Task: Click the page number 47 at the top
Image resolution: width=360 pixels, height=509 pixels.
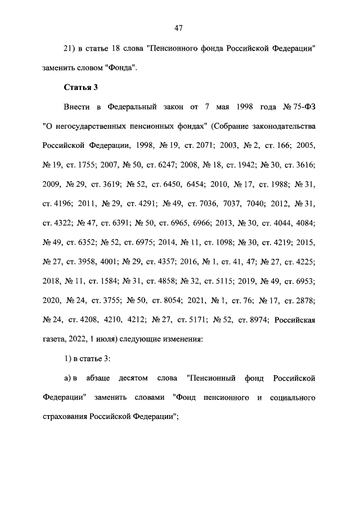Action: [180, 27]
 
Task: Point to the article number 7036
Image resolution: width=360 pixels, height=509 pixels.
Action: [210, 202]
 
